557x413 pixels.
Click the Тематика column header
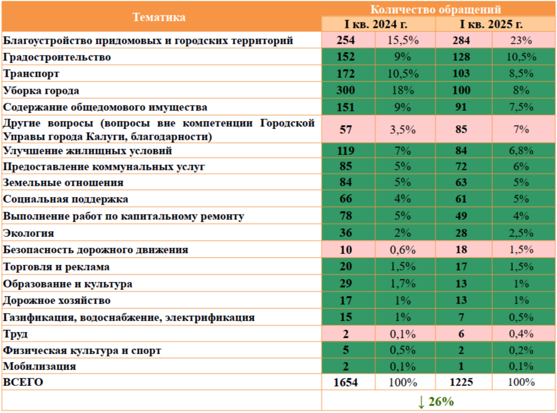click(159, 16)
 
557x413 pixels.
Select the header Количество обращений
click(436, 9)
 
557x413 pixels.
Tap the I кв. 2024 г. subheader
click(377, 24)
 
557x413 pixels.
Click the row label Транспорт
click(31, 74)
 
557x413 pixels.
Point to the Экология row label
click(28, 233)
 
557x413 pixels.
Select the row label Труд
click(15, 334)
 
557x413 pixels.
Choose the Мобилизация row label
click(39, 366)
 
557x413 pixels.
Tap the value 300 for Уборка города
click(346, 91)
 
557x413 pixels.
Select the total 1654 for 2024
click(346, 382)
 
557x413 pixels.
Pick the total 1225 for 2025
click(461, 382)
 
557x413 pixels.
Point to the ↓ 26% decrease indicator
click(436, 402)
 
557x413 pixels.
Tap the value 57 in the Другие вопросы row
click(346, 129)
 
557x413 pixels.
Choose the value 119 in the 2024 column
click(346, 151)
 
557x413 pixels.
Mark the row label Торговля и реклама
click(57, 267)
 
